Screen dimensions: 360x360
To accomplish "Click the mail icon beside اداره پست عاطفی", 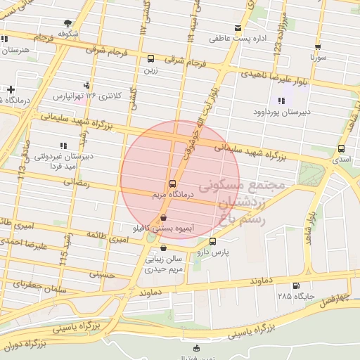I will coord(238,29).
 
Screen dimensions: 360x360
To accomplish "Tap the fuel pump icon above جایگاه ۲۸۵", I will coord(294,286).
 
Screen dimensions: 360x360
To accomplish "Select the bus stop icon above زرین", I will coord(150,58).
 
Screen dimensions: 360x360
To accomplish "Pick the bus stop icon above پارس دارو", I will coord(212,241).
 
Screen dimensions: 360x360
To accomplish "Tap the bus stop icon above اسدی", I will coord(341,148).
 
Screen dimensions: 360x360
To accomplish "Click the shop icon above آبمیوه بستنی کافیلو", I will coord(163,218).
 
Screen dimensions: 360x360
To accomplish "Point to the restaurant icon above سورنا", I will coord(318,46).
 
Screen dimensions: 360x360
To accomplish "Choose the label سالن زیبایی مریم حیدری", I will coord(164,264).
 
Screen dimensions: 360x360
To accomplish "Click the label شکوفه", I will coord(67,33).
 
